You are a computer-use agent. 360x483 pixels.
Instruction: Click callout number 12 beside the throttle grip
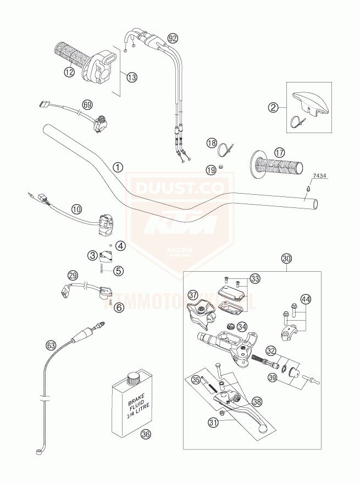click(68, 71)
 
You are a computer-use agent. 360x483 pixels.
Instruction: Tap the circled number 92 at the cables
click(173, 39)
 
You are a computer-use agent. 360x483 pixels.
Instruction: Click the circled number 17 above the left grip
click(280, 152)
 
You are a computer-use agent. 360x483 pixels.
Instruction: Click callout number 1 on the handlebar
click(117, 167)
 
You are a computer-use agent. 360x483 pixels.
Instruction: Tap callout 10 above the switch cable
click(76, 209)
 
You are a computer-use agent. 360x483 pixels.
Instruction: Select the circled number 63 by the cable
click(51, 345)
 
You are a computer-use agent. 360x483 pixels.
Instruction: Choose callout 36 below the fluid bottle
click(145, 434)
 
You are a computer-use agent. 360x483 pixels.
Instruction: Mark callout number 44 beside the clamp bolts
click(306, 299)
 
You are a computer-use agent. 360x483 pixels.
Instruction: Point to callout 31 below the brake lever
click(213, 422)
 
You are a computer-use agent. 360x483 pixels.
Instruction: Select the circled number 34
click(242, 327)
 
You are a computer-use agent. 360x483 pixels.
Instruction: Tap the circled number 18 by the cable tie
click(212, 144)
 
